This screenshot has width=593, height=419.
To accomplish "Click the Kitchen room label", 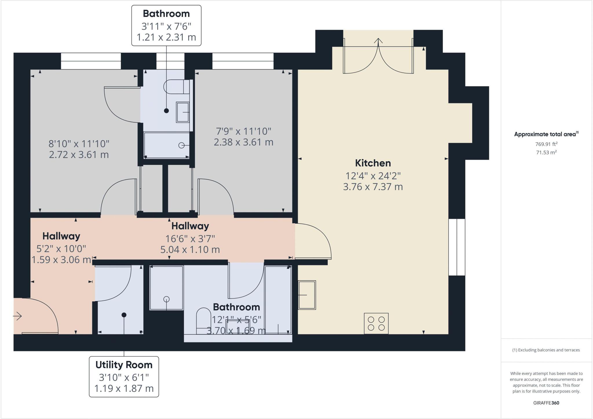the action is point(373,163).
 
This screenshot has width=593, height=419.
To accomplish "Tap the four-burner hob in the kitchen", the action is point(376,323).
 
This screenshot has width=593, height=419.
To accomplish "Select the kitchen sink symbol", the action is point(307,295).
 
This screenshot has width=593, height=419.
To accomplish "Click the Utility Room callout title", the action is point(124,365).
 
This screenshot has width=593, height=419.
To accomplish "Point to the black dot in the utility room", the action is point(124,315).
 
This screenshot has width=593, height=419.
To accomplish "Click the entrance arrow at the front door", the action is point(17,316).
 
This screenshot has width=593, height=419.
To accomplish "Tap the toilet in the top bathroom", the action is point(177,87).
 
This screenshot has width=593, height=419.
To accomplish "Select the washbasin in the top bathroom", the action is point(183,112).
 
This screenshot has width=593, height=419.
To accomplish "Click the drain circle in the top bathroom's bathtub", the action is point(182,145).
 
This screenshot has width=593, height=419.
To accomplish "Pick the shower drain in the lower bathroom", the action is point(166,299).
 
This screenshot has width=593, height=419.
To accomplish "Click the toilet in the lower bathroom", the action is point(204,321).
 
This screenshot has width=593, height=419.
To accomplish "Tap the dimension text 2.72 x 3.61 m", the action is point(79,155).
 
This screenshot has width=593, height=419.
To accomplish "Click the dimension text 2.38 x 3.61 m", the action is point(244,142).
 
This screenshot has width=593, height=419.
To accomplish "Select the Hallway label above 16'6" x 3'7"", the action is point(190,226).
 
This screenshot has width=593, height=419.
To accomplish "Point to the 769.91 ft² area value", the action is point(546,144).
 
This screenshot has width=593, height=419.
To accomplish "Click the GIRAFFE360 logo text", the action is point(546,403).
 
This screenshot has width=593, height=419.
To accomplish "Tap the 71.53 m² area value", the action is point(546,152).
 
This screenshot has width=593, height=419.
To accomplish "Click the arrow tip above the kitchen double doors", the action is point(378,39).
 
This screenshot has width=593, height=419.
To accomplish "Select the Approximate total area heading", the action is point(546,134).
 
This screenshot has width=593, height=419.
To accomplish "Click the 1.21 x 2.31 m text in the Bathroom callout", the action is point(166,37).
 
